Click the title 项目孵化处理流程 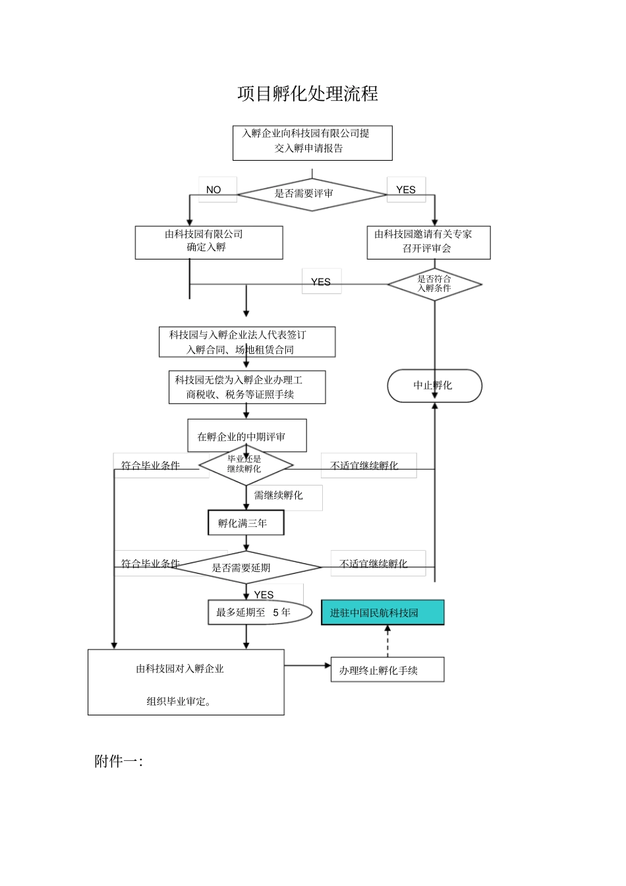[308, 94]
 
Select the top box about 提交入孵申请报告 [312, 143]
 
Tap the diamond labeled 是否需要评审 [312, 194]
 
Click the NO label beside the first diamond [213, 190]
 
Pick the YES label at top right [406, 190]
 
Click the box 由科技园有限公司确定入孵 [209, 242]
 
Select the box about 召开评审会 [428, 242]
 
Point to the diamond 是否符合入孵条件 [434, 285]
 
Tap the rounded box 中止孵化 [434, 386]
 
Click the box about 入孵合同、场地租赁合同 [246, 343]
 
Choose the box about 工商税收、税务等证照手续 [246, 387]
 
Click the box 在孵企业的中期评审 [246, 436]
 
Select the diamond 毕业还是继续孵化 [245, 465]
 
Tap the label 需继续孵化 [279, 495]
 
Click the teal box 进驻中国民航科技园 [382, 613]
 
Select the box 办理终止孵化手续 [387, 670]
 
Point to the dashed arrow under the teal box [387, 641]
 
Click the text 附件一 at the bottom [119, 762]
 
